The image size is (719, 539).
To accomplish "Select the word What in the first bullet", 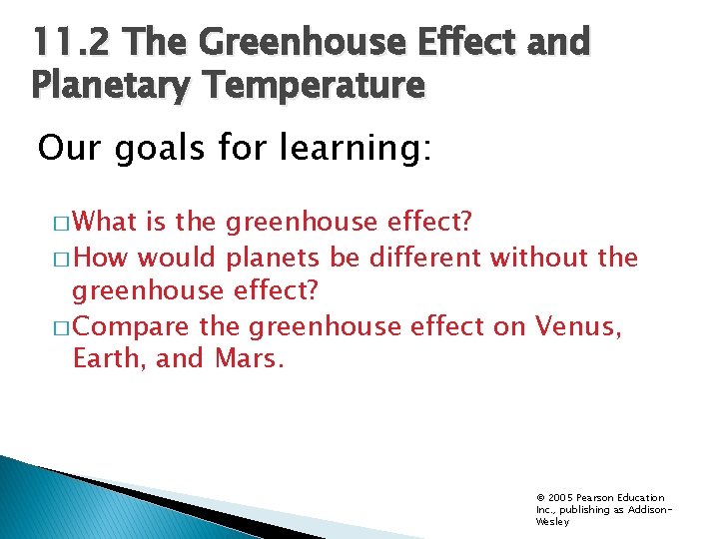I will click(107, 221).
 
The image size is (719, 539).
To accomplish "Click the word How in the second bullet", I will click(102, 258).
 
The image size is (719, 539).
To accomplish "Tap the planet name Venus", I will click(578, 325).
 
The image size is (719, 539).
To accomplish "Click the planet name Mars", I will click(249, 358).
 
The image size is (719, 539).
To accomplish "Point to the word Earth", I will click(107, 358).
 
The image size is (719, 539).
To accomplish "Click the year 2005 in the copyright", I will click(558, 497).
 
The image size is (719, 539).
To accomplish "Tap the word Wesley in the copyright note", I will click(552, 521).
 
